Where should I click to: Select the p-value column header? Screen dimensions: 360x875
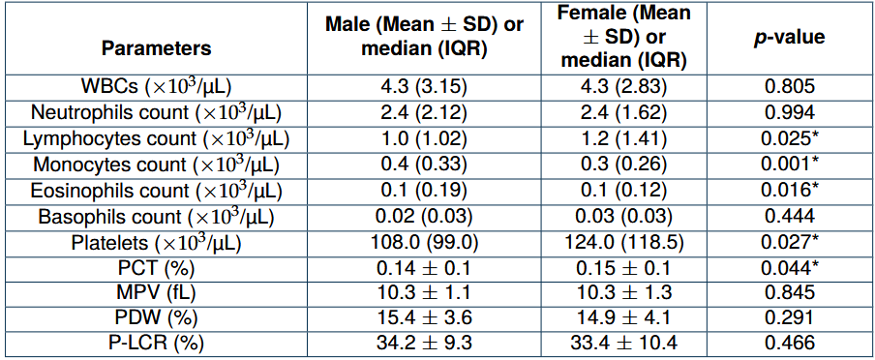[791, 38]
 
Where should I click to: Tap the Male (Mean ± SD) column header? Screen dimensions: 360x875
[425, 38]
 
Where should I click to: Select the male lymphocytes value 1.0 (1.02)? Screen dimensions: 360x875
[425, 138]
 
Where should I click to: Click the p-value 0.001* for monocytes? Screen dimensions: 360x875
[791, 165]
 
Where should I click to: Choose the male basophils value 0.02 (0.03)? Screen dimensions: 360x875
[425, 216]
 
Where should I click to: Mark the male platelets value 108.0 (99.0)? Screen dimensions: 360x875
[425, 242]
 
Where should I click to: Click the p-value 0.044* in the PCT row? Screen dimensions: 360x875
[791, 268]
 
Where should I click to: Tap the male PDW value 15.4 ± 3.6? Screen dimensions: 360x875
[425, 318]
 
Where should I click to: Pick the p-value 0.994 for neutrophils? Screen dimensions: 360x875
[791, 112]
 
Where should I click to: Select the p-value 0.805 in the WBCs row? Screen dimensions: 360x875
[791, 86]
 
